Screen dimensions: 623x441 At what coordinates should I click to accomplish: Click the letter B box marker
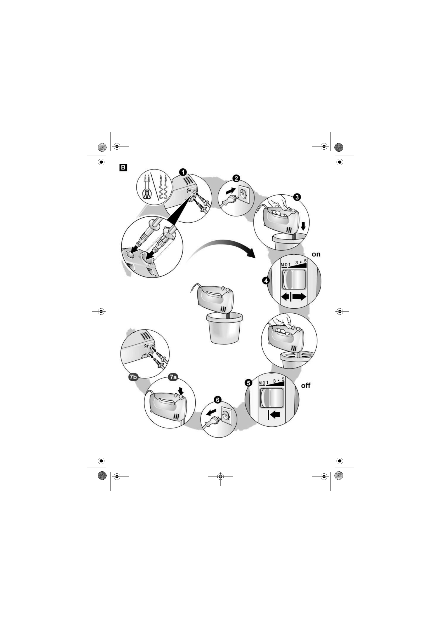coord(123,167)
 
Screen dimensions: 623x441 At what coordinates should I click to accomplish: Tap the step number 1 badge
coord(183,172)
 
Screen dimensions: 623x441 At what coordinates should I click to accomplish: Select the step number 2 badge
coord(236,179)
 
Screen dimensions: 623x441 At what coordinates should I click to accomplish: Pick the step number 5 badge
coord(248,383)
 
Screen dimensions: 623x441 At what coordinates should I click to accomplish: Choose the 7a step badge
coord(173,377)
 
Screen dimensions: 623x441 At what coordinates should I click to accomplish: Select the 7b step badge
coord(133,377)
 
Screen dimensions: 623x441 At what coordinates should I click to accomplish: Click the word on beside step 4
coord(316,254)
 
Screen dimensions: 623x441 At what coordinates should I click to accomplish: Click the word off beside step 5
coord(306,385)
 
